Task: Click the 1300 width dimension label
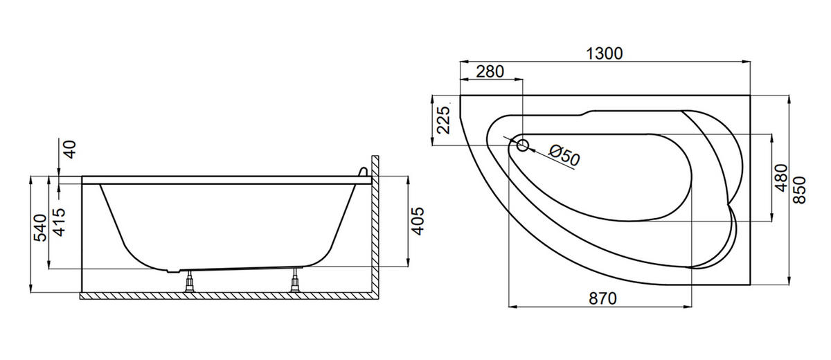pos(604,54)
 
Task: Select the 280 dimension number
pos(490,71)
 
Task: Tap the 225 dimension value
pos(443,120)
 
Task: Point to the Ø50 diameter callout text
pos(564,155)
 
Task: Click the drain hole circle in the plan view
pos(522,145)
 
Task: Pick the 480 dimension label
pos(781,178)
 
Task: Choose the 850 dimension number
pos(799,190)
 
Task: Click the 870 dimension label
pos(602,298)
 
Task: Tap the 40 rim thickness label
pos(70,150)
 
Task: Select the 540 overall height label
pos(40,228)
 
